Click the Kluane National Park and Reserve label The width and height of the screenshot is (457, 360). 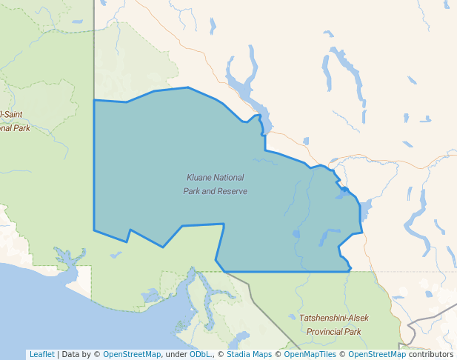tap(215, 184)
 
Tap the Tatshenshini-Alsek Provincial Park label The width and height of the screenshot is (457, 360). tap(333, 324)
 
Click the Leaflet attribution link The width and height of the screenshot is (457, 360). tap(41, 354)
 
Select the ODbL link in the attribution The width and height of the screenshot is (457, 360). tap(201, 354)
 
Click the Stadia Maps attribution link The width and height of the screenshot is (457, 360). tap(249, 354)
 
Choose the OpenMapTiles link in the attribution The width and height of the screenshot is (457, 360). tap(310, 354)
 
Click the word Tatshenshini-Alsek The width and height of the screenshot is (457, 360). tap(333, 318)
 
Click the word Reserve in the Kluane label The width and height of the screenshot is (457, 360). tap(232, 191)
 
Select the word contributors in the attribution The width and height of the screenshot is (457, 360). tap(431, 354)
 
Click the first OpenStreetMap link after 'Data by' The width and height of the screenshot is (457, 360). tap(132, 354)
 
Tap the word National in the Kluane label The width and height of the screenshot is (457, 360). tap(229, 178)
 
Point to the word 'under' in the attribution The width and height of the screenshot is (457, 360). tap(176, 354)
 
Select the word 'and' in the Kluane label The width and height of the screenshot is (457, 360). tap(207, 191)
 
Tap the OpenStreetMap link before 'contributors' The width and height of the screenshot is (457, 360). tap(377, 354)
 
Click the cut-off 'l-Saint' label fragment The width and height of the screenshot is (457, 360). tap(12, 114)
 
